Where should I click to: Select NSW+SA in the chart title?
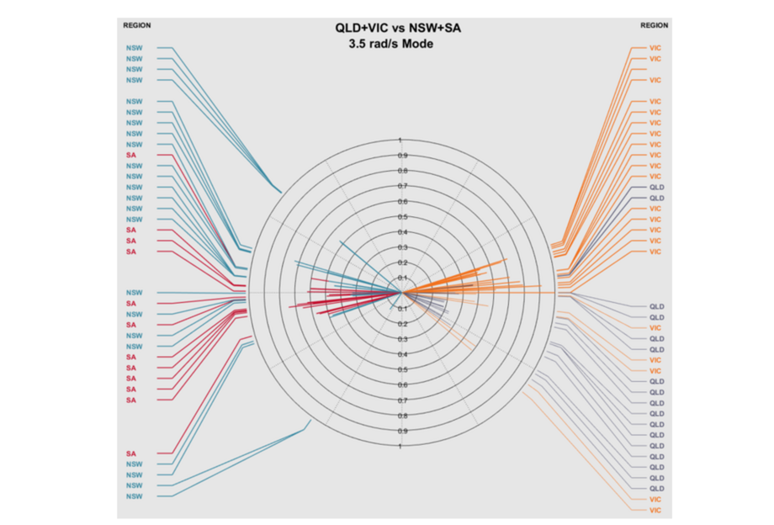436,28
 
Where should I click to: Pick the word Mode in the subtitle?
419,44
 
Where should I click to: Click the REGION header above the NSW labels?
137,25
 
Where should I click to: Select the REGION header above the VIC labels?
654,25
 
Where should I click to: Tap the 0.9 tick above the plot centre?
402,156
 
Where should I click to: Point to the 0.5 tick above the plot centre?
402,217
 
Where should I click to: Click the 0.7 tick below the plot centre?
402,400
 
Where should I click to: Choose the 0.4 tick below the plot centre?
402,354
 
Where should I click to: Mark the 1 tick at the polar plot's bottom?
400,446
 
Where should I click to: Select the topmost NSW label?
134,48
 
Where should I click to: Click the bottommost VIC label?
655,510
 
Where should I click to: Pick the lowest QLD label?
657,488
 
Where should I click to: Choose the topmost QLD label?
657,187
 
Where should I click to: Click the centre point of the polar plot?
401,293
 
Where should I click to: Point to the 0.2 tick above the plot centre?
402,262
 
